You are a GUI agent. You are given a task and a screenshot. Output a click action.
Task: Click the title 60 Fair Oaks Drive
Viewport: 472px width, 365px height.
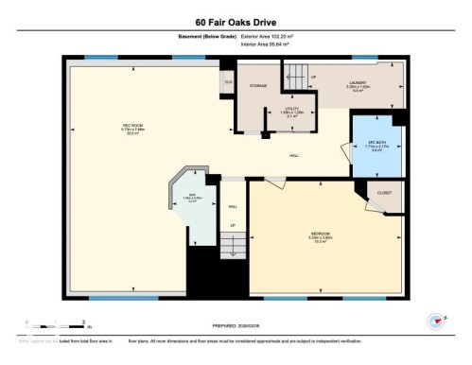[236, 19]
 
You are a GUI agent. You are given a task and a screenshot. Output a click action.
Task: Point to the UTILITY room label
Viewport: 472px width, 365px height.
[294, 113]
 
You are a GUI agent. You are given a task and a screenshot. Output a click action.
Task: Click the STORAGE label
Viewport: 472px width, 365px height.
[258, 86]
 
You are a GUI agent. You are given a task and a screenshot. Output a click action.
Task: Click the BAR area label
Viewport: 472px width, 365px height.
[191, 197]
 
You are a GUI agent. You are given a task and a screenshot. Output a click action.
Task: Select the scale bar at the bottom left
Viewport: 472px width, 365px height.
[55, 322]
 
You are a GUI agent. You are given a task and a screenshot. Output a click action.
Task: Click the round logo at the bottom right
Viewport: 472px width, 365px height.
[436, 322]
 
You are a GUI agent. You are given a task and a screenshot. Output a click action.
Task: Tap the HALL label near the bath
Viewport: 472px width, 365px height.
[296, 155]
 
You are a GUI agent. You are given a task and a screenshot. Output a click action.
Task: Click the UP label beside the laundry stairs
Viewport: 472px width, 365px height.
[312, 77]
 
